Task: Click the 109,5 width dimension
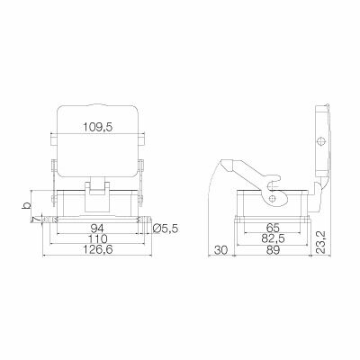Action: (x=100, y=128)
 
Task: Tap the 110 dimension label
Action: (x=99, y=240)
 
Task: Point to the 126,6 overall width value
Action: (x=99, y=253)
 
